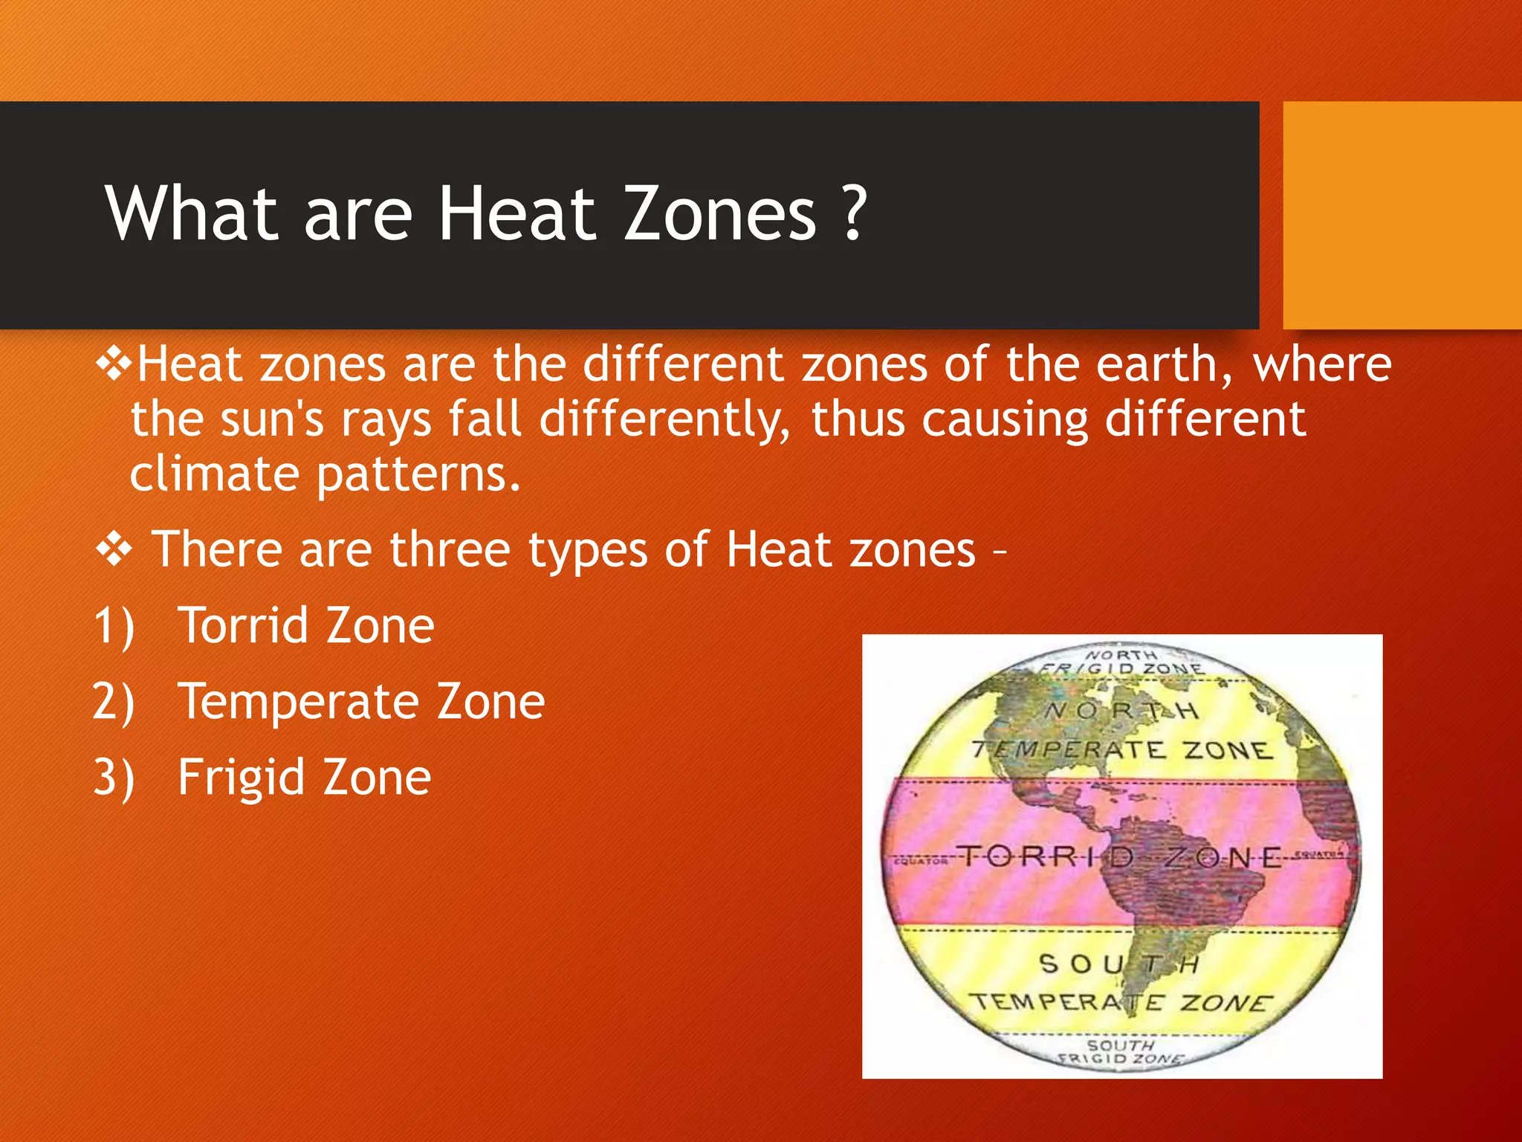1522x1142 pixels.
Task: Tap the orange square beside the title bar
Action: tap(1402, 216)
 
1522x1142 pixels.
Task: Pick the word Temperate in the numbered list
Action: tap(298, 702)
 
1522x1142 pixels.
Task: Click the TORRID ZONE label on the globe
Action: tap(1118, 857)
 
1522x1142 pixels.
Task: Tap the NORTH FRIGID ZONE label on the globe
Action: tap(1121, 662)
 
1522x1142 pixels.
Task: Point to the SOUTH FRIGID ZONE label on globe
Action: tap(1121, 1051)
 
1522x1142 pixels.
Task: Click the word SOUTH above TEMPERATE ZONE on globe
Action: tap(1118, 964)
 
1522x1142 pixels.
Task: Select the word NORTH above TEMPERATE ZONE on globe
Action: tap(1121, 711)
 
